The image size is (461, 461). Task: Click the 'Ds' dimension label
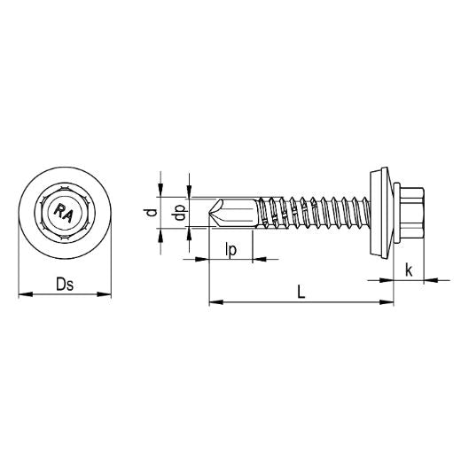point(64,284)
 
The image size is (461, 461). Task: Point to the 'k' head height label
point(409,269)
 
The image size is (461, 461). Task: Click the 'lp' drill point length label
point(230,251)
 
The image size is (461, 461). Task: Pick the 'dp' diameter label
point(180,213)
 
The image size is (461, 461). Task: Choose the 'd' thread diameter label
point(152,213)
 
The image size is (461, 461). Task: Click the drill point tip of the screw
point(210,213)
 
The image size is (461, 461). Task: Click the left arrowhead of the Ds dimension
point(22,293)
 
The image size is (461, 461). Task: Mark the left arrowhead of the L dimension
point(213,303)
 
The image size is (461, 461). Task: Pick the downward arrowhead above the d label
point(160,189)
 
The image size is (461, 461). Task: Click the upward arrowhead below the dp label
point(189,233)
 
